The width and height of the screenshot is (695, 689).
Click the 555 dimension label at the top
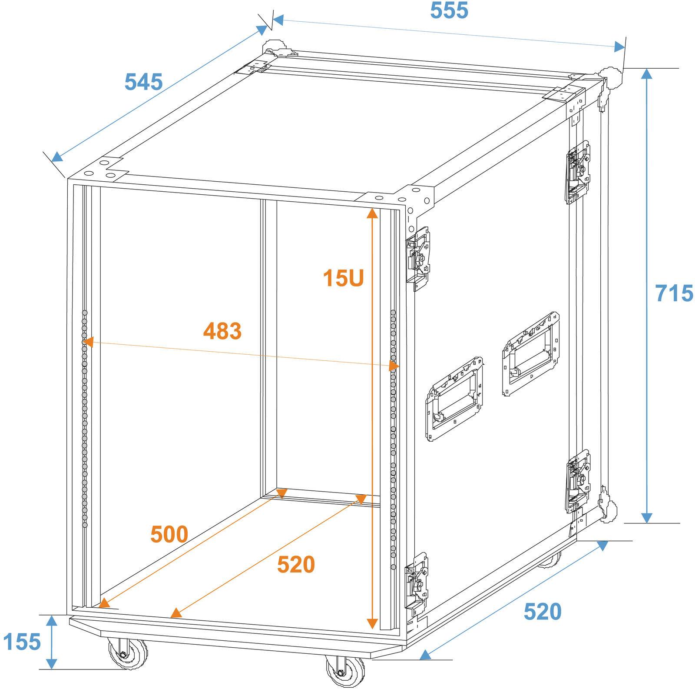click(449, 10)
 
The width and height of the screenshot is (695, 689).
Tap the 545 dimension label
click(143, 82)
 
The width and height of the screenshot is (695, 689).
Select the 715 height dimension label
click(674, 293)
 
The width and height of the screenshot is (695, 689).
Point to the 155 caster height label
click(22, 642)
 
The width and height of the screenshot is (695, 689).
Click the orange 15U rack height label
click(343, 278)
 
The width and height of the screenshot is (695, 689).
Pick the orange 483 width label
click(222, 331)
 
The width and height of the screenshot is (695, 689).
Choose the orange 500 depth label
click(169, 534)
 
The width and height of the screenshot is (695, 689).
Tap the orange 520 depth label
click(296, 565)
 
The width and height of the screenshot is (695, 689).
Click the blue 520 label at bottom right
click(543, 612)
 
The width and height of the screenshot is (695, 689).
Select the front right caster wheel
click(345, 672)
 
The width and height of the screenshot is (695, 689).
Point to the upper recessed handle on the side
click(531, 354)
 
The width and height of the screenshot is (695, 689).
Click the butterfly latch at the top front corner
click(418, 258)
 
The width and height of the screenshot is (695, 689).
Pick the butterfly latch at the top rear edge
click(578, 172)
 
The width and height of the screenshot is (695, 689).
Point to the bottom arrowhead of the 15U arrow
click(372, 624)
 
